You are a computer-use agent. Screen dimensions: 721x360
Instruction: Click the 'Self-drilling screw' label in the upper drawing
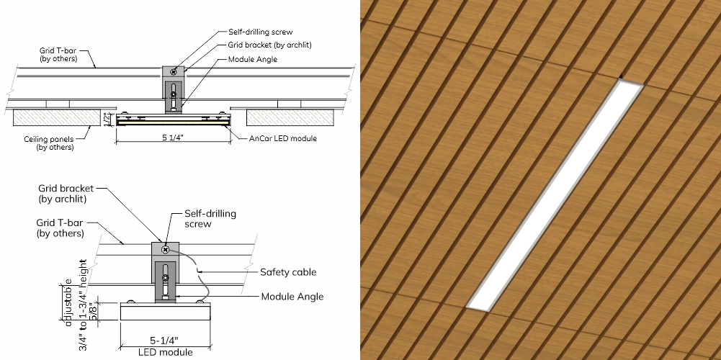coord(260,32)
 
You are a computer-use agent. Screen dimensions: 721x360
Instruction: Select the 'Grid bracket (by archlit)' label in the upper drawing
coord(270,45)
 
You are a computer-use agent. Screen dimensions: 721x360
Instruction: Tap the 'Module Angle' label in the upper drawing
coord(253,59)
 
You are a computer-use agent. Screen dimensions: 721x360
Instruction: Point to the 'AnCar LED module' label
coord(283,138)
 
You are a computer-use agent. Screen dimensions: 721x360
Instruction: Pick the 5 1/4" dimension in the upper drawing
coord(172,138)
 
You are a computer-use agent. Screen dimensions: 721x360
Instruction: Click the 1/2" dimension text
coord(106,119)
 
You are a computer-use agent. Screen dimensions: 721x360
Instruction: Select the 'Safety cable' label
coord(288,271)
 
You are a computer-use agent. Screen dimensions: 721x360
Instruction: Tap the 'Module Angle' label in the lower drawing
coord(292,297)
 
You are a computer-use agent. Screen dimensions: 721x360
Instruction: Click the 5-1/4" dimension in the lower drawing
coord(164,341)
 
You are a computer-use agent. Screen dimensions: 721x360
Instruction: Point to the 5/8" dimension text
coord(93,312)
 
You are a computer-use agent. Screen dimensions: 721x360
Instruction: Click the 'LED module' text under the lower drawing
coord(166,352)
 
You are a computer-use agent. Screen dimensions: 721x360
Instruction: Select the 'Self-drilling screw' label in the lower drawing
coord(210,218)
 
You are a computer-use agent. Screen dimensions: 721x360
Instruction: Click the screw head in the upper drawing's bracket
coord(174,72)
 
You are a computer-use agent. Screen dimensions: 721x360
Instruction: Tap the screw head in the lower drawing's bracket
coord(166,249)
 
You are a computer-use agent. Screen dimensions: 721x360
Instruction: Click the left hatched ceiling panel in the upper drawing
coord(57,117)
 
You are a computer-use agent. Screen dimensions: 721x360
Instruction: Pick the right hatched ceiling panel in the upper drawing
coord(290,117)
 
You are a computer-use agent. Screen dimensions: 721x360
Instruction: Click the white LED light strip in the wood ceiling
coord(554,195)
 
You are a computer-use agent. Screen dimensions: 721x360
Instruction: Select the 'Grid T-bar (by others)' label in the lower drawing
coord(60,228)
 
